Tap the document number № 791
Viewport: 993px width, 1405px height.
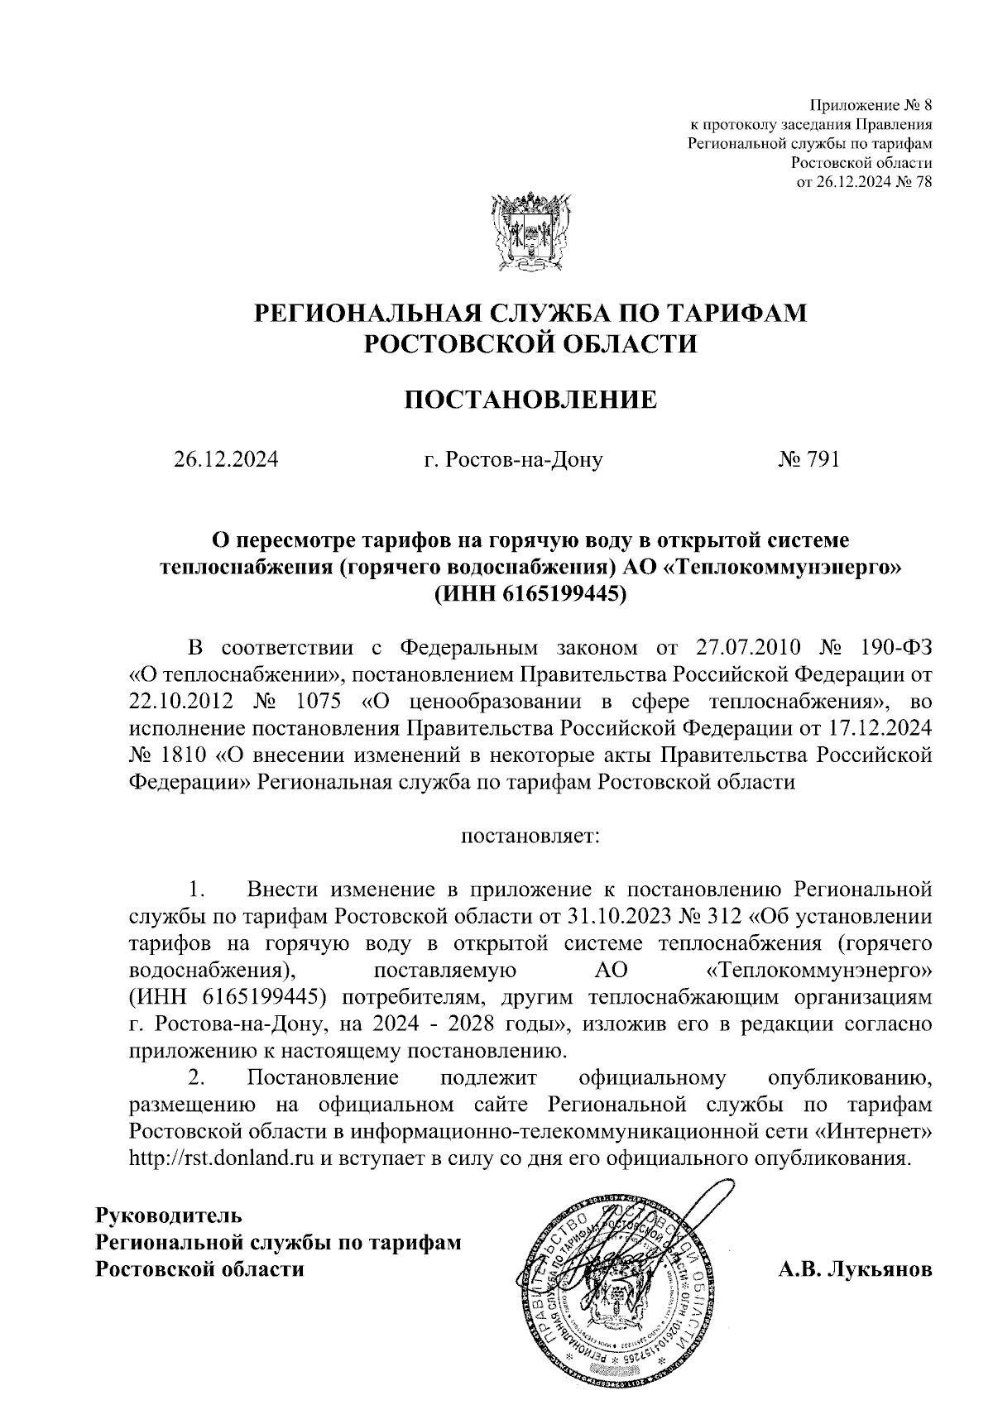coord(808,459)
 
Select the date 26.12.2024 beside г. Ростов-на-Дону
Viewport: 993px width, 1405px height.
coord(226,459)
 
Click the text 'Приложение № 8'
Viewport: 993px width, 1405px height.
coord(871,106)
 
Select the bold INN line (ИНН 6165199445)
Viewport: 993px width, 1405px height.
coord(530,592)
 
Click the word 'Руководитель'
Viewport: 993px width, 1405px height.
coord(170,1216)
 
